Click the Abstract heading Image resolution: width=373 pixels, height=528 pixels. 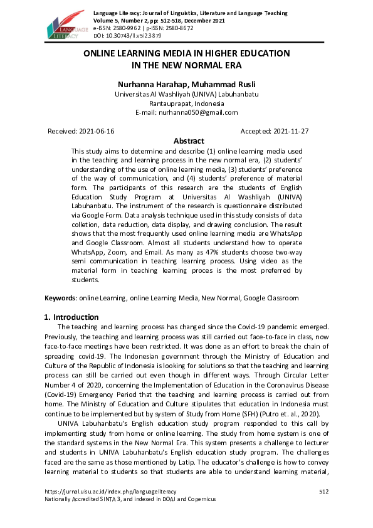click(189, 141)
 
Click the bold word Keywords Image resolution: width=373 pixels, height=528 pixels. click(60, 298)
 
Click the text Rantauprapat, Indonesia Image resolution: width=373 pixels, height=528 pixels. click(186, 103)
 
